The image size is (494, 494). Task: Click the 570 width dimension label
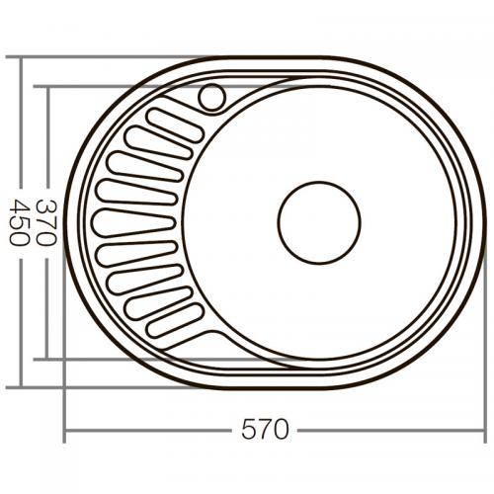(x=266, y=431)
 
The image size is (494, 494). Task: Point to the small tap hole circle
(x=212, y=97)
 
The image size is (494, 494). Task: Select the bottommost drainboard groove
(x=174, y=320)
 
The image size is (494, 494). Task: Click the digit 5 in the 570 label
(x=249, y=431)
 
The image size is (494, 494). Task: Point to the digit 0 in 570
(x=283, y=431)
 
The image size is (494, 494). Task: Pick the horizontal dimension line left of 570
(x=148, y=431)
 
